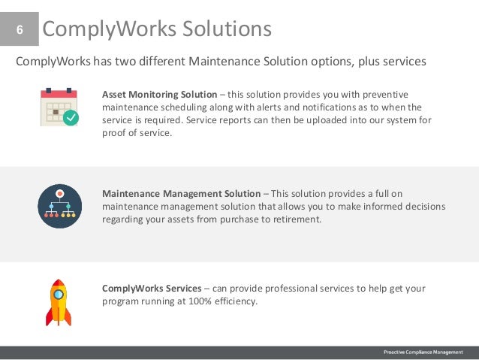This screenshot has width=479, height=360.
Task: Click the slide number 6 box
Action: click(19, 30)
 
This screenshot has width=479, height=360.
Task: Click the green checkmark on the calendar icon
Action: click(71, 118)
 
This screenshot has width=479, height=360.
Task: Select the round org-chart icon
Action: click(59, 205)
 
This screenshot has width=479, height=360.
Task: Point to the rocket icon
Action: click(59, 302)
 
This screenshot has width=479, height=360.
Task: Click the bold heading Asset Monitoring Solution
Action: click(159, 95)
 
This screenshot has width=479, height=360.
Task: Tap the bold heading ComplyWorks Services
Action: click(152, 289)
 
